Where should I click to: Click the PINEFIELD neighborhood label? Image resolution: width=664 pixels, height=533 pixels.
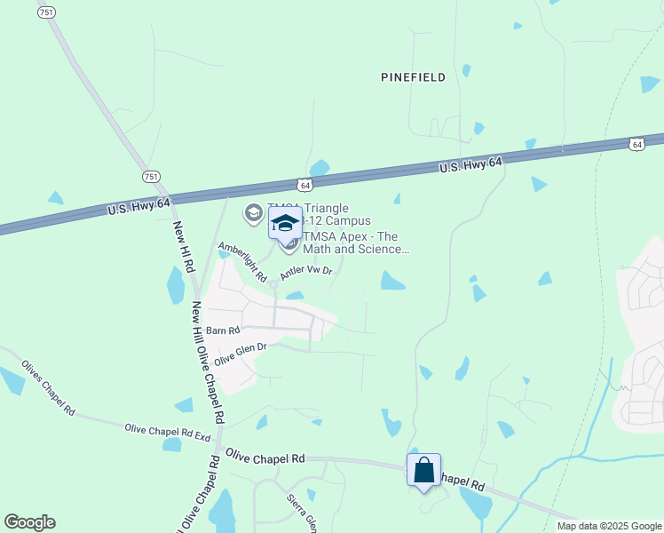pos(413,78)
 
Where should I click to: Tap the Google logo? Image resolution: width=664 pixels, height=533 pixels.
pos(29,522)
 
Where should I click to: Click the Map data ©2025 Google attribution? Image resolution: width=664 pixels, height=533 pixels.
pos(608,526)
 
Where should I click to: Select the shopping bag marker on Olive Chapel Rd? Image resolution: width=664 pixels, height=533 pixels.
pos(424,470)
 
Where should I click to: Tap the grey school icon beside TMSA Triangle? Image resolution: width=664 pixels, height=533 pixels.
pos(253,213)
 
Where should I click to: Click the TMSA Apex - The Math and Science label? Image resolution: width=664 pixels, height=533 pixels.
pos(356,243)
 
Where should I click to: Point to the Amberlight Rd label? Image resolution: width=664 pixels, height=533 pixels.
pos(242,263)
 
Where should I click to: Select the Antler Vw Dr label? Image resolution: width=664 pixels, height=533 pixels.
pos(305,273)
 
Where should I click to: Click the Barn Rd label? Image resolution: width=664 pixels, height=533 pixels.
pos(223,330)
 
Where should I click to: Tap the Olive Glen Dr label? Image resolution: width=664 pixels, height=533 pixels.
pos(240,353)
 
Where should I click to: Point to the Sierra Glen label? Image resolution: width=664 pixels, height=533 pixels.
pos(301,510)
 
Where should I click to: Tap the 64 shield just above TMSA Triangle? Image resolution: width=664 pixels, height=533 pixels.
pos(304,185)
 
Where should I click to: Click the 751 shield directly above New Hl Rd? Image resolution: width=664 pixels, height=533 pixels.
pos(152,177)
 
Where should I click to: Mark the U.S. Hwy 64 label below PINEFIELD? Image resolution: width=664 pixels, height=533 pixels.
pos(470,165)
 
